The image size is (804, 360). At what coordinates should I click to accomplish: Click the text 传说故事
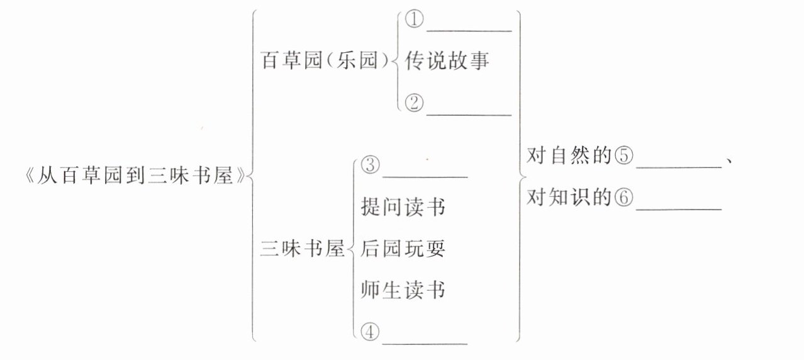(447, 62)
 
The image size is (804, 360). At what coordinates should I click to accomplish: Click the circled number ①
(414, 20)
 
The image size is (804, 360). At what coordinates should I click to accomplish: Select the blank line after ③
(425, 176)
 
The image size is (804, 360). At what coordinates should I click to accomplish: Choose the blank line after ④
(425, 342)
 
